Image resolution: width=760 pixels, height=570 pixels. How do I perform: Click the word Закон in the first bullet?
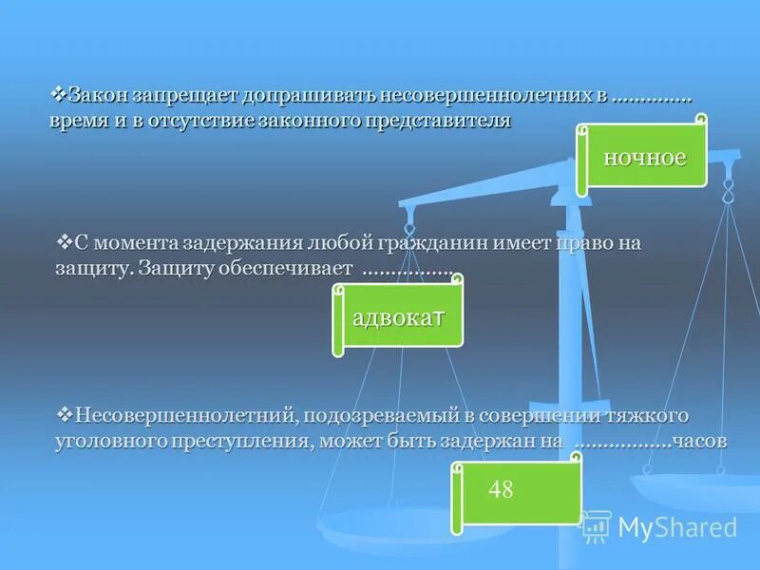coord(98,97)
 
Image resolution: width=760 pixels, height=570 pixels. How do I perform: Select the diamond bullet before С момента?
coord(66,240)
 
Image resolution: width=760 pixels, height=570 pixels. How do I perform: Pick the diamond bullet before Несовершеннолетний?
coord(66,414)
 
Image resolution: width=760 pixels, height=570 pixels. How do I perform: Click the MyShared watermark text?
coord(677,527)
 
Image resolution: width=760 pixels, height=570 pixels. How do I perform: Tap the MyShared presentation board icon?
coord(596,525)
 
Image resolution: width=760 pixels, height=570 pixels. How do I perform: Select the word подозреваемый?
coord(382,416)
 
